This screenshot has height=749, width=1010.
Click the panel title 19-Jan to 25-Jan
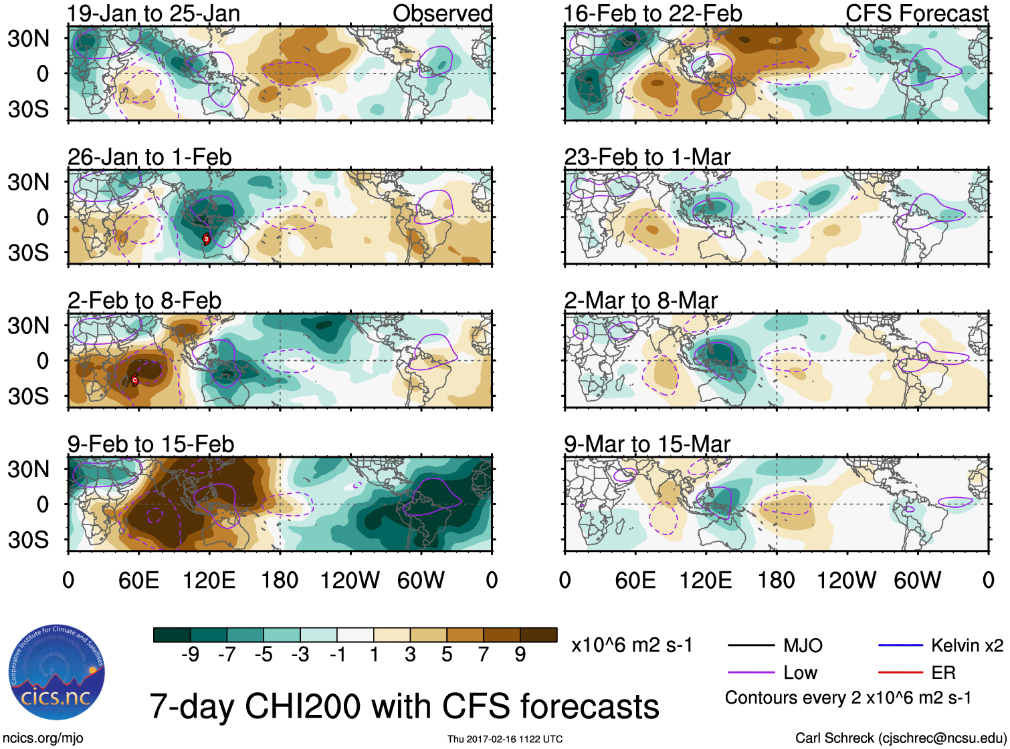click(154, 13)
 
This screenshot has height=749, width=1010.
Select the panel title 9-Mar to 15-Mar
click(647, 444)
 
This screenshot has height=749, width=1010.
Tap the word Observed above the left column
click(442, 13)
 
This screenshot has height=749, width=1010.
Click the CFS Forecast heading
click(916, 13)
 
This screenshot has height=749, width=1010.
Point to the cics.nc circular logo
click(56, 672)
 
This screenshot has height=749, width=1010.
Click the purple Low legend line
click(750, 673)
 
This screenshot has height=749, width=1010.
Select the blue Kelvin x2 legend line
click(900, 645)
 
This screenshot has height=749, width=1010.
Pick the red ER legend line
click(900, 673)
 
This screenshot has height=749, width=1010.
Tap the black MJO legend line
click(750, 645)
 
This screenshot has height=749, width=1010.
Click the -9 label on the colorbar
click(190, 655)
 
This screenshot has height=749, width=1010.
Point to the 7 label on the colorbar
click(483, 655)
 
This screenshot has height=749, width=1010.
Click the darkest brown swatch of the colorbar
click(538, 635)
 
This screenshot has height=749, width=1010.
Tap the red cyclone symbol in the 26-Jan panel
click(207, 239)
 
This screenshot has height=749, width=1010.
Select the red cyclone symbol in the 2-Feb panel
click(134, 380)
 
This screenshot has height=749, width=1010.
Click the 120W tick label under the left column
click(350, 580)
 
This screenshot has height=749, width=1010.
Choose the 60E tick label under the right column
click(635, 580)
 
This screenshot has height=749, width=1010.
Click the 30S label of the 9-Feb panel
click(29, 540)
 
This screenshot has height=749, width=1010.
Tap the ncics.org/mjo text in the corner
click(43, 738)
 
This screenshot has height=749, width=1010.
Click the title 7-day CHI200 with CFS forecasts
click(404, 707)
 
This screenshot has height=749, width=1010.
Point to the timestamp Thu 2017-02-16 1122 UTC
click(505, 739)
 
